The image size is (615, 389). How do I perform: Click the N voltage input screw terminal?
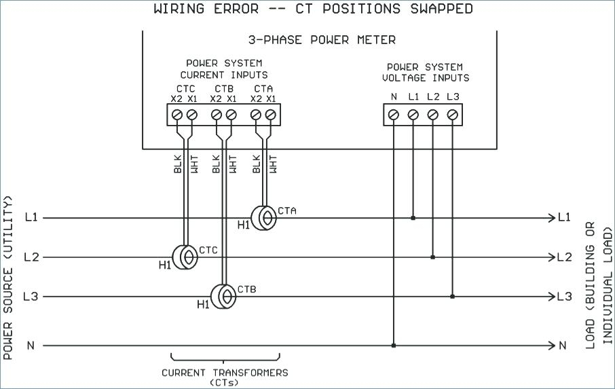coord(393,115)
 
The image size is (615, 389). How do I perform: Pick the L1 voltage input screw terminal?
coord(413,115)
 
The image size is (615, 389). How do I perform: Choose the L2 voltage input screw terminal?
coord(432,115)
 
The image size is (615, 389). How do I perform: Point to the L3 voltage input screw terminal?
coord(452,115)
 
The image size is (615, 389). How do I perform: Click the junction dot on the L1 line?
coord(413,218)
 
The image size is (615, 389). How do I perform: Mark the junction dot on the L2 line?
coord(432,257)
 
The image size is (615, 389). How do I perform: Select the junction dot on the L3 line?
coord(452,297)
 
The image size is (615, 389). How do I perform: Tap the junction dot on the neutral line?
coord(393,346)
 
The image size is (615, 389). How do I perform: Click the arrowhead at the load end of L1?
coord(551,218)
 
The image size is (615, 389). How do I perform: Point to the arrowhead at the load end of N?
coord(551,346)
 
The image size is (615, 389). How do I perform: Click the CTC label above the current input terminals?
coord(185,88)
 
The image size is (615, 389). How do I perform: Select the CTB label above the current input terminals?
coord(224,88)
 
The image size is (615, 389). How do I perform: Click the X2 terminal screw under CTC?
coord(177,115)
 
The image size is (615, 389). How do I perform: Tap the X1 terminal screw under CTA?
coord(271,115)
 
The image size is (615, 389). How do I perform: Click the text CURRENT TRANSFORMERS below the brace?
coord(225,373)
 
